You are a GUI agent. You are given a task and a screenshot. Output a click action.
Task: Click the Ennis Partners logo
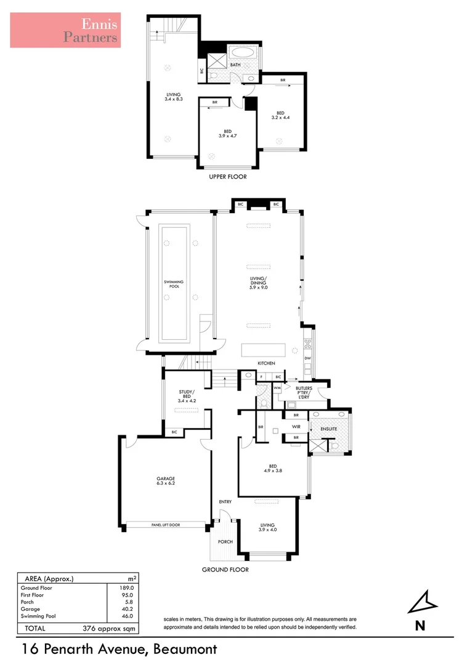pos(65,30)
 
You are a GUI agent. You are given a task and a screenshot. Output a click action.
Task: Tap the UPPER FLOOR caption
pos(228,177)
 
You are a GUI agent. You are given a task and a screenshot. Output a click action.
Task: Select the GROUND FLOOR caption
pos(225,570)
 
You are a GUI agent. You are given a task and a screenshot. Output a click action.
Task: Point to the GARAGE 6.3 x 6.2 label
pos(166,482)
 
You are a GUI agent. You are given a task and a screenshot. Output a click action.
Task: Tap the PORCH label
pos(225,542)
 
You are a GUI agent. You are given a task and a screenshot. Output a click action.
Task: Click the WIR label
pos(295,426)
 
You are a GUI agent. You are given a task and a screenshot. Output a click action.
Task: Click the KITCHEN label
pos(266,363)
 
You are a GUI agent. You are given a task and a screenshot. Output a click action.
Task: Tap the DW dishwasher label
pos(307,358)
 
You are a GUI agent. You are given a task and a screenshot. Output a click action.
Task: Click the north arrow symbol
pos(421,602)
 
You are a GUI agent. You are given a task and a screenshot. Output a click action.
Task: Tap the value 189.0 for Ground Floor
pos(126,588)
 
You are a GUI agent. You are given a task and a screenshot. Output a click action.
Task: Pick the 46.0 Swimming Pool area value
pos(126,616)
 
